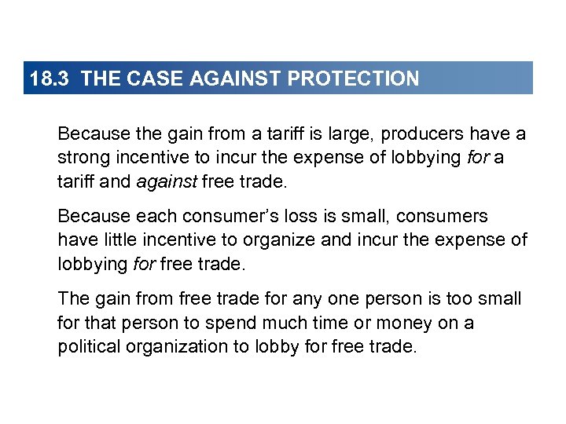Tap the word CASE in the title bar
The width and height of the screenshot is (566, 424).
click(142, 79)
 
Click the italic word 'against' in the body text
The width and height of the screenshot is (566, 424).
click(167, 181)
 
